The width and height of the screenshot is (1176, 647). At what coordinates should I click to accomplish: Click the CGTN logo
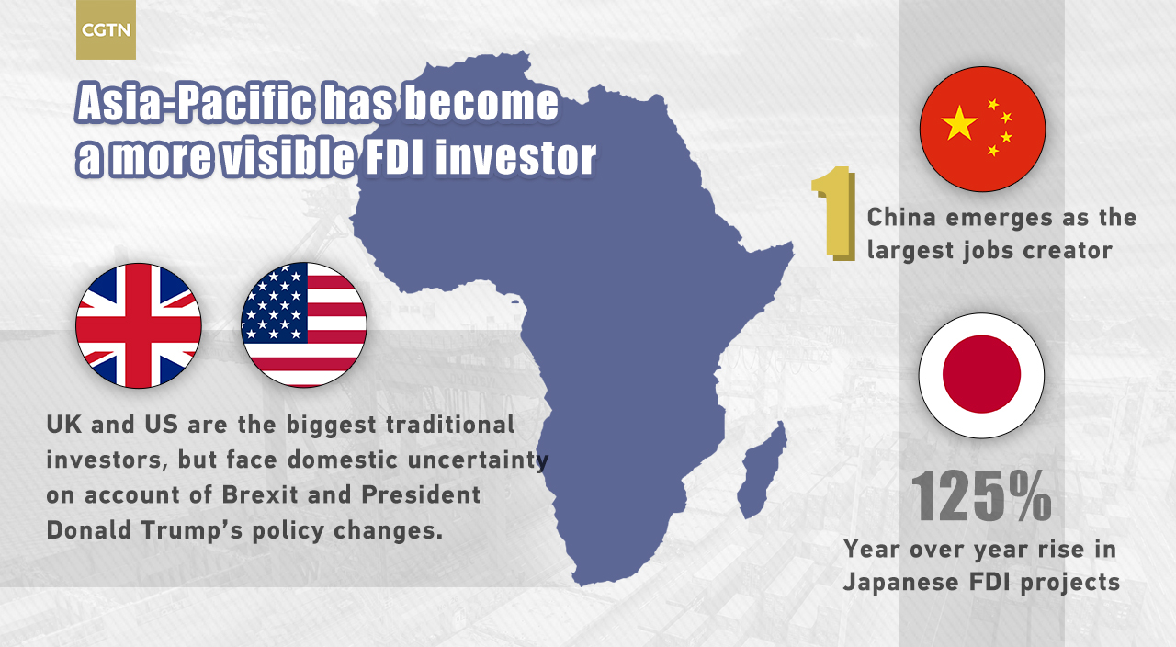[106, 29]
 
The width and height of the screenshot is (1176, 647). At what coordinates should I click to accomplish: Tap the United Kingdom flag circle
[139, 325]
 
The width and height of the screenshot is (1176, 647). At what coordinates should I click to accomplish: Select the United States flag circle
[303, 325]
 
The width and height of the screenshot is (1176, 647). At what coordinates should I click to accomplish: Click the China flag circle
[982, 129]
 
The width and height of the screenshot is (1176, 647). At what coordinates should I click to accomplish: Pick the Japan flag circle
[981, 376]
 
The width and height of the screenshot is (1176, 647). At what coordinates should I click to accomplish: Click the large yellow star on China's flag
[959, 123]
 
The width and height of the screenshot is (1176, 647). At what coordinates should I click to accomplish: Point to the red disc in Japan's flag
[981, 374]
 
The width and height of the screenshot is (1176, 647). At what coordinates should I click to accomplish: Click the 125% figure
[981, 495]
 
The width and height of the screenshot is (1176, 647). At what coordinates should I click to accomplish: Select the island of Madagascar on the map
[762, 469]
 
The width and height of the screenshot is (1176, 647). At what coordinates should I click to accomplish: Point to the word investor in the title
[515, 156]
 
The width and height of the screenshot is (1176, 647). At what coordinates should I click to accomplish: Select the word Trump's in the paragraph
[192, 530]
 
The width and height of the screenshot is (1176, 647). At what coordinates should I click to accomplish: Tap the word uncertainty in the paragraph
[478, 460]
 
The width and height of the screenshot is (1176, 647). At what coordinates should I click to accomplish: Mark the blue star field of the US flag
[274, 302]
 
